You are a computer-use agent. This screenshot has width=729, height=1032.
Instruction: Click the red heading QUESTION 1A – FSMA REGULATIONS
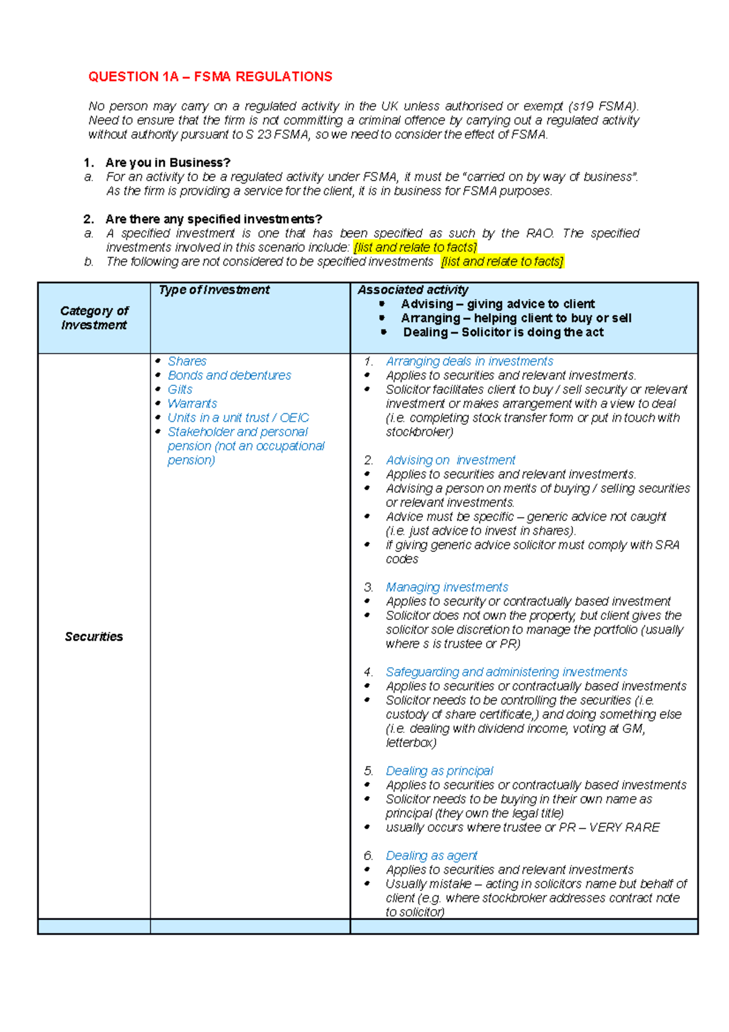(x=210, y=77)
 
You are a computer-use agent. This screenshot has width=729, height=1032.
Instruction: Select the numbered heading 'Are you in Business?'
(x=168, y=163)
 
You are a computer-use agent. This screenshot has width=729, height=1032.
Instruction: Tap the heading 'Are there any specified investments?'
(x=213, y=219)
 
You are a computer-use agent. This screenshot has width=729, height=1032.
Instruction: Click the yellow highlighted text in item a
(x=415, y=247)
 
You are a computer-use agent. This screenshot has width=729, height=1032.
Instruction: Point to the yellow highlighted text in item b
(x=502, y=261)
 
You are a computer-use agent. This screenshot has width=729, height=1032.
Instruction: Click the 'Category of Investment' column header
(x=94, y=318)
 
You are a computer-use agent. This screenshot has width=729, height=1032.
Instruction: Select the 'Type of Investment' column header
(x=214, y=290)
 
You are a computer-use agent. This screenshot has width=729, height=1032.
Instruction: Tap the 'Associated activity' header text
(x=412, y=290)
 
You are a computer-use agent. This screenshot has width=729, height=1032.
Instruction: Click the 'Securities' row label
(x=94, y=636)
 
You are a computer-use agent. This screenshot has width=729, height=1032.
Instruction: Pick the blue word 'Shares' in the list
(x=187, y=361)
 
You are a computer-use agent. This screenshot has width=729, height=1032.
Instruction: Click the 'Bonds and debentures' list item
(x=229, y=375)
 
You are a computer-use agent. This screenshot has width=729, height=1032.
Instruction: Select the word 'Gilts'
(x=180, y=390)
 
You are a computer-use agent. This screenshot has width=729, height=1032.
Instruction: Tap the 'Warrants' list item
(x=192, y=404)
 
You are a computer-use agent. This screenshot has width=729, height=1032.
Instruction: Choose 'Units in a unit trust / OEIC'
(x=238, y=418)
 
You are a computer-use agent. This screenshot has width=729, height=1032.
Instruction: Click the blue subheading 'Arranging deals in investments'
(x=469, y=361)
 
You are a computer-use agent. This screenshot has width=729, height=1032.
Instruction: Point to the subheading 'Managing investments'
(x=447, y=587)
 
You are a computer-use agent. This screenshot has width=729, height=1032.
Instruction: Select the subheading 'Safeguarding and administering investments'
(x=506, y=672)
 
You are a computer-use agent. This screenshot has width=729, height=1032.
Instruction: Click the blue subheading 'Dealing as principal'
(x=439, y=771)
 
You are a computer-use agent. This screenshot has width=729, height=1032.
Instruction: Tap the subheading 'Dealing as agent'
(x=431, y=856)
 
